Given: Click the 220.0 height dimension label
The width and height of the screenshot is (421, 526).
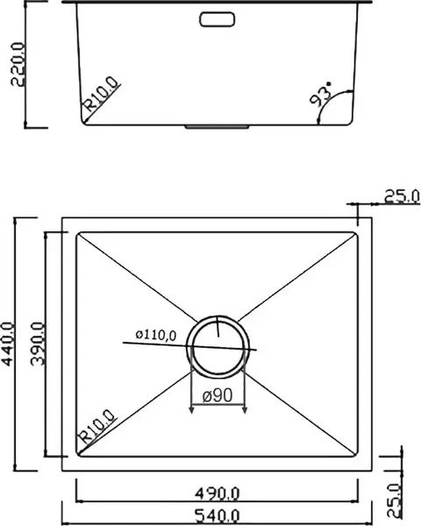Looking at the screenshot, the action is (18, 64).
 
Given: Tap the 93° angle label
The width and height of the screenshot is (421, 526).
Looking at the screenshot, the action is (320, 95).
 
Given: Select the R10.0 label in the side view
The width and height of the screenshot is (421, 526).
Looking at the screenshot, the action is (102, 94).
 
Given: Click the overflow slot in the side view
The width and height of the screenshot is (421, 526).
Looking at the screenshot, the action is (217, 19).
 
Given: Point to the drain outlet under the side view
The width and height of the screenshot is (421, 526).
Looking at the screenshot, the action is (217, 127).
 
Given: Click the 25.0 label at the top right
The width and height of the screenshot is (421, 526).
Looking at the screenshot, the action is (402, 196).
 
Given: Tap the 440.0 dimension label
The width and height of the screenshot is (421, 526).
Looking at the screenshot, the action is (7, 344).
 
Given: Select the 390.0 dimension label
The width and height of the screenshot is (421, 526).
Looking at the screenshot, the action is (37, 344).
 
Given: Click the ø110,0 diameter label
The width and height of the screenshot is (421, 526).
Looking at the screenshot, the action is (156, 335).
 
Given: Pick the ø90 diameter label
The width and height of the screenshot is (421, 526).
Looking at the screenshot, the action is (218, 396).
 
